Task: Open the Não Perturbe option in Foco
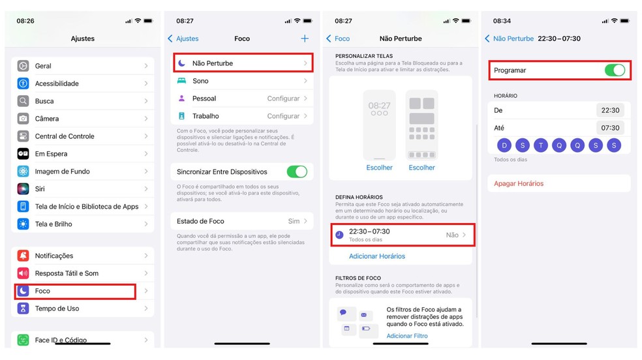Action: tap(243, 63)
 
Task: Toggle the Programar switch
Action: tap(615, 70)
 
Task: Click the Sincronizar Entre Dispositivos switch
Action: tap(297, 172)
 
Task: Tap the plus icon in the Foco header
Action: tap(305, 38)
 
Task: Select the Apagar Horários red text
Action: tap(518, 184)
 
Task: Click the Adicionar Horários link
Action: tap(376, 256)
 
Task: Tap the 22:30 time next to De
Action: tap(610, 110)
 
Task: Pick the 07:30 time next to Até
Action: tap(610, 128)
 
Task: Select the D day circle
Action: tap(504, 145)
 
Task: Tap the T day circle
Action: tap(541, 145)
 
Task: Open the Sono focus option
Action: tap(243, 81)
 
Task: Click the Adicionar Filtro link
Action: tap(407, 336)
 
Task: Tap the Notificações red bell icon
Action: tap(23, 256)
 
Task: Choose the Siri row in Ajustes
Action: tap(83, 189)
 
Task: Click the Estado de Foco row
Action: tap(242, 221)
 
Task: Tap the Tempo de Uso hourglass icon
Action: tap(23, 308)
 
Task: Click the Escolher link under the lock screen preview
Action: tap(379, 168)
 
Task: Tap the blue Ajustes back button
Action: tap(183, 38)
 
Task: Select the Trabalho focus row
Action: tap(243, 116)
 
